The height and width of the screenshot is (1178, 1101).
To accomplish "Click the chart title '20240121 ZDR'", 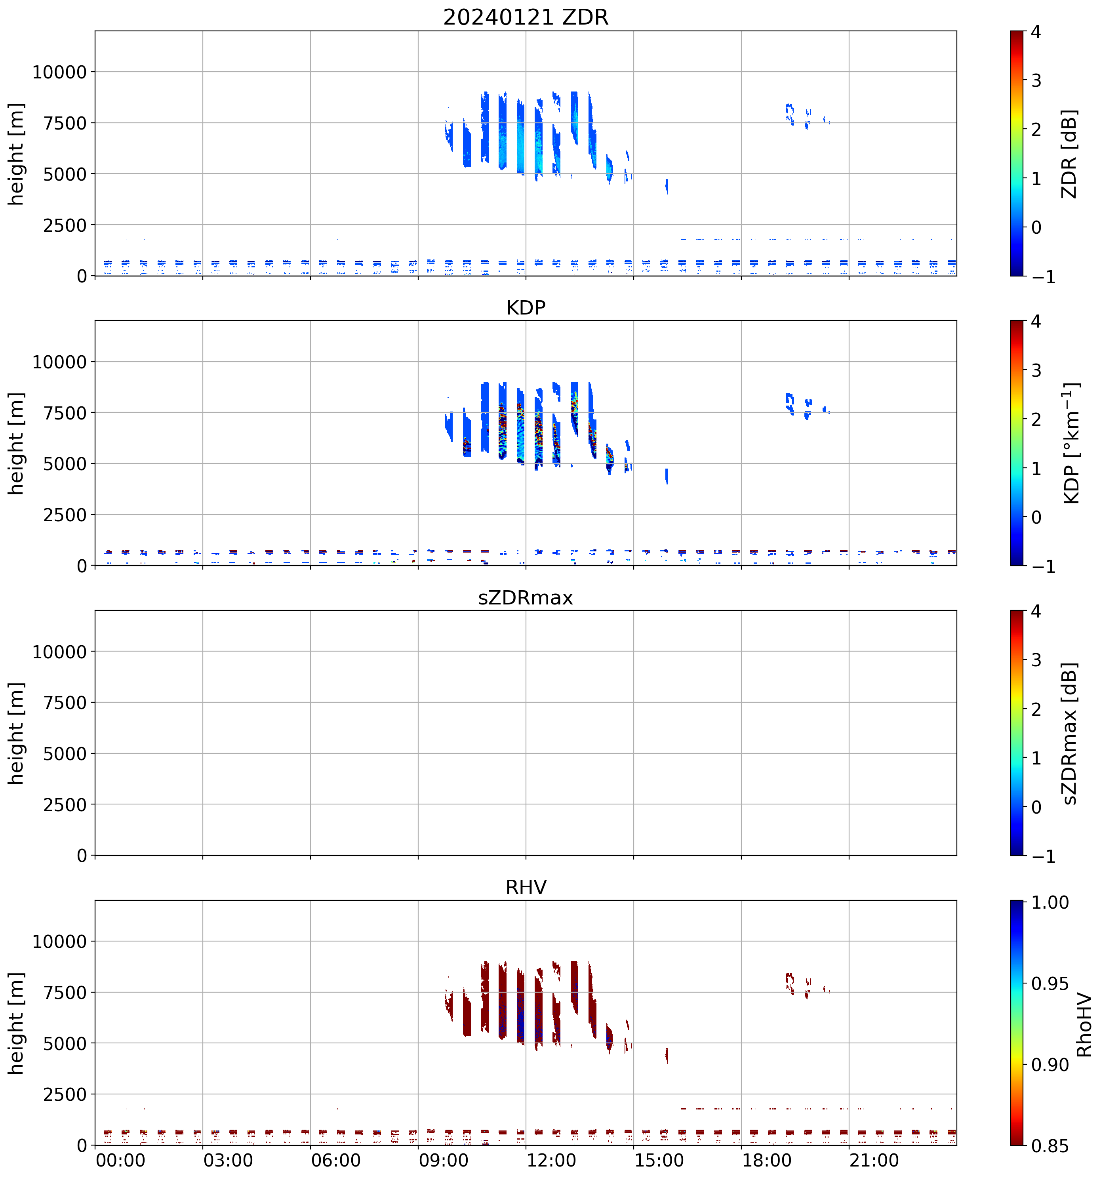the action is pyautogui.click(x=526, y=17).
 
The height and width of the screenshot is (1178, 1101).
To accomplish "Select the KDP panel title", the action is pyautogui.click(x=526, y=307).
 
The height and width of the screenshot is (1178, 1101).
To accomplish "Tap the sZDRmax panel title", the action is pyautogui.click(x=526, y=597).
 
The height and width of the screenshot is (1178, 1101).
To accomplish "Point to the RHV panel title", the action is pyautogui.click(x=526, y=887).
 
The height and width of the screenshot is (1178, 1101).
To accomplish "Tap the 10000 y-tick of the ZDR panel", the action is pyautogui.click(x=59, y=72).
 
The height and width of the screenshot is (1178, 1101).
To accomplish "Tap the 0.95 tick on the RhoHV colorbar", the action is pyautogui.click(x=1050, y=984).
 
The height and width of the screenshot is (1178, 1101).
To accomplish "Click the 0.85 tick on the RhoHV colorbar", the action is pyautogui.click(x=1050, y=1146).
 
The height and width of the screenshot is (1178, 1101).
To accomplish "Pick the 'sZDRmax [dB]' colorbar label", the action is pyautogui.click(x=1069, y=733).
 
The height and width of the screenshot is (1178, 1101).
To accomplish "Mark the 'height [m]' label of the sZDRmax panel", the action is pyautogui.click(x=16, y=733).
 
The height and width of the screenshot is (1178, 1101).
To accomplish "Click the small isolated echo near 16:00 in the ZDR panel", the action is pyautogui.click(x=667, y=186).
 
